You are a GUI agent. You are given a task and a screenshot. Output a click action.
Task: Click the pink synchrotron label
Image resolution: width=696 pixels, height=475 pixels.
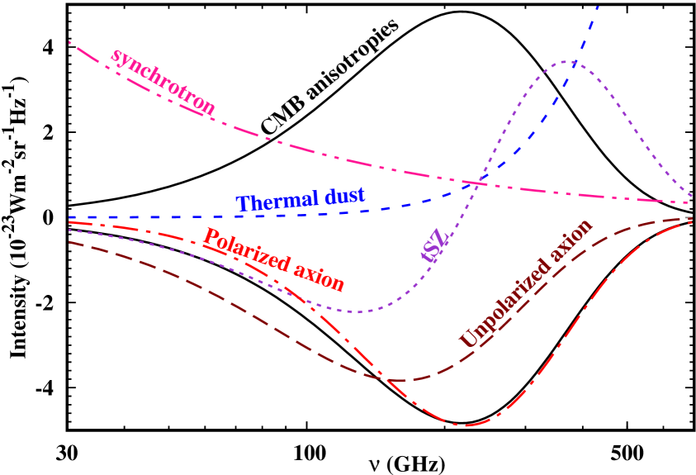(x=163, y=81)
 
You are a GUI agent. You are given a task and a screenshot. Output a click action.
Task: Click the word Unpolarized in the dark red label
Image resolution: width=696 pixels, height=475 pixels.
(x=500, y=306)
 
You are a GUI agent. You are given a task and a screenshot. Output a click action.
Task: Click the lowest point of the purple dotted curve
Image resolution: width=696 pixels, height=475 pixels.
(x=357, y=311)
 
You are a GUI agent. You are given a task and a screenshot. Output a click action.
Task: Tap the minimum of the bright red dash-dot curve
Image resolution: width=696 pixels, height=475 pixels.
(x=465, y=426)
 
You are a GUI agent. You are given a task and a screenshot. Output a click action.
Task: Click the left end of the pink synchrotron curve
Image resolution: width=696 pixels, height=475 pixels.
(x=69, y=40)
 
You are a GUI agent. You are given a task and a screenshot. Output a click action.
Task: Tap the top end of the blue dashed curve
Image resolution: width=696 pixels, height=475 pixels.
(x=597, y=5)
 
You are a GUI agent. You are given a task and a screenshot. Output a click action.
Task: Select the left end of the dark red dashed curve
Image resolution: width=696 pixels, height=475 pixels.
(x=69, y=242)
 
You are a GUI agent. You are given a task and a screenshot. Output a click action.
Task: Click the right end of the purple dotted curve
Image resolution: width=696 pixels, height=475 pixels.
(x=692, y=197)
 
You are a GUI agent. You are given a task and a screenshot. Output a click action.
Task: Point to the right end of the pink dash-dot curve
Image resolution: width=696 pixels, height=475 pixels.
(x=692, y=202)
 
